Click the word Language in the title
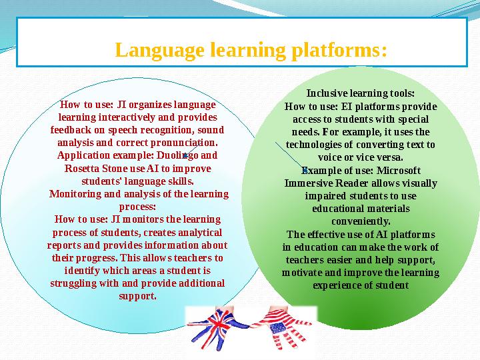[159, 50]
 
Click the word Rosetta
[81, 168]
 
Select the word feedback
[71, 130]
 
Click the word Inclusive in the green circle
[325, 93]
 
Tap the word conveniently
[361, 221]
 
